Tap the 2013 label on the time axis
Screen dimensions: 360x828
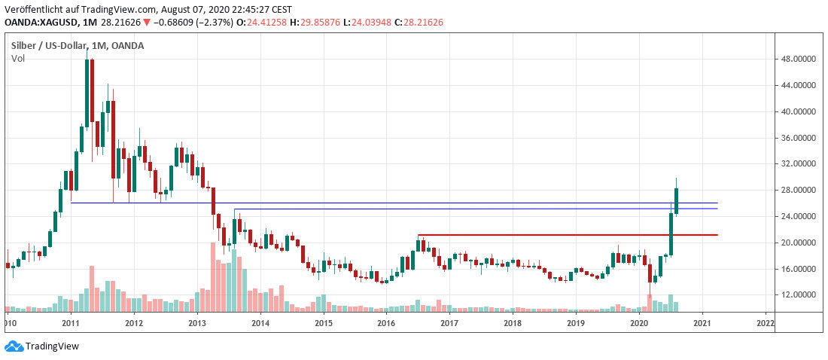coord(197,323)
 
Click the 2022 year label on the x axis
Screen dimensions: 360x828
coord(765,323)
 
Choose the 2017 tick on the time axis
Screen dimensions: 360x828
coord(449,323)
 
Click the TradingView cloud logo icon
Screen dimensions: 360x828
coord(14,346)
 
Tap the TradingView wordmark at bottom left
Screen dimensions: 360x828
coord(52,346)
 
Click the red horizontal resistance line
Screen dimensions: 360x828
coord(565,235)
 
